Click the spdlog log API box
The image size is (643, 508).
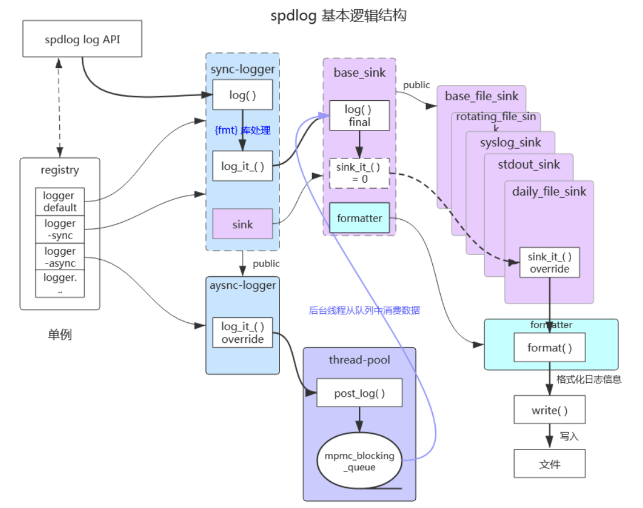coord(82,39)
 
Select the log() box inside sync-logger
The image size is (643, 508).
coord(243,95)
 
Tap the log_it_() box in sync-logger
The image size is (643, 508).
coord(243,166)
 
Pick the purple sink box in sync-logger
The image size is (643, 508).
coord(243,224)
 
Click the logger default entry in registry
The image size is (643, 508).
coord(60,201)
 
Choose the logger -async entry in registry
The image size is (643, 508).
coord(60,257)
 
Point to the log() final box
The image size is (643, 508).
coord(359,116)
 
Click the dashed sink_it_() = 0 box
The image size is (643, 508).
coord(359,173)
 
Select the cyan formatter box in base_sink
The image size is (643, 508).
coord(359,218)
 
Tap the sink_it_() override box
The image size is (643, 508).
coord(550,263)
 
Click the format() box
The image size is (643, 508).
coord(550,347)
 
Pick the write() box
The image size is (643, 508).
coord(550,409)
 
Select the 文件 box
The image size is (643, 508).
coord(550,464)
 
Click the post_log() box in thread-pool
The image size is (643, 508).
coord(359,393)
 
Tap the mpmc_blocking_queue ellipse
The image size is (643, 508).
coord(359,460)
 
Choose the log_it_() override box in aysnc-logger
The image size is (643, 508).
coord(243,333)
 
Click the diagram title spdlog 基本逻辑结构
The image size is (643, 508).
coord(338,15)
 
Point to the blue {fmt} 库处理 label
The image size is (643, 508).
coord(243,130)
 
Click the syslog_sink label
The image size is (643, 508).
coord(510,142)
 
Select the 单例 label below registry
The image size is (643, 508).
coord(60,334)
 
